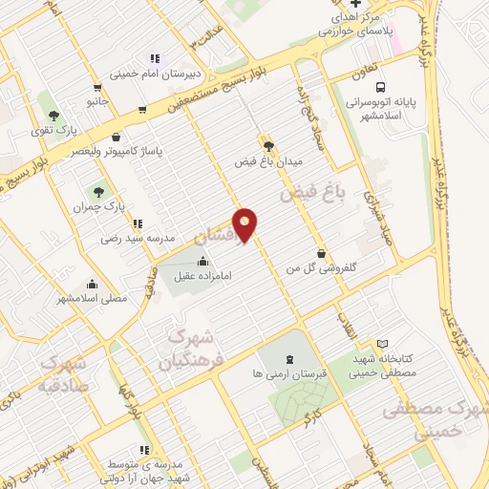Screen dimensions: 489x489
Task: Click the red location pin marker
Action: pos(246,224)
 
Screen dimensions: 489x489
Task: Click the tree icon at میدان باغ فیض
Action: pos(268,146)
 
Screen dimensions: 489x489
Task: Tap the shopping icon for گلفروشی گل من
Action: pos(319,255)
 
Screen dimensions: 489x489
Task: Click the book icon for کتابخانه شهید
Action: pos(382,344)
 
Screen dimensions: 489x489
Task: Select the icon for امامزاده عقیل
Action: pos(202,263)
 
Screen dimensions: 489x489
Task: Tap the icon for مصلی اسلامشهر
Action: pos(93,283)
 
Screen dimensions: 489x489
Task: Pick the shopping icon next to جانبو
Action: pos(142,108)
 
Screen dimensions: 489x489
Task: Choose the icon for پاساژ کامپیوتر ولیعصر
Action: pos(117,137)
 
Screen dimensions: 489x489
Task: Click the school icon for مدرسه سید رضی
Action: pos(135,223)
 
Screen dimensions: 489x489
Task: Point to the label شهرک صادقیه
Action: pos(61,376)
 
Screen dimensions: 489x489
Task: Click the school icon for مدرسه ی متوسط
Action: pos(143,449)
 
